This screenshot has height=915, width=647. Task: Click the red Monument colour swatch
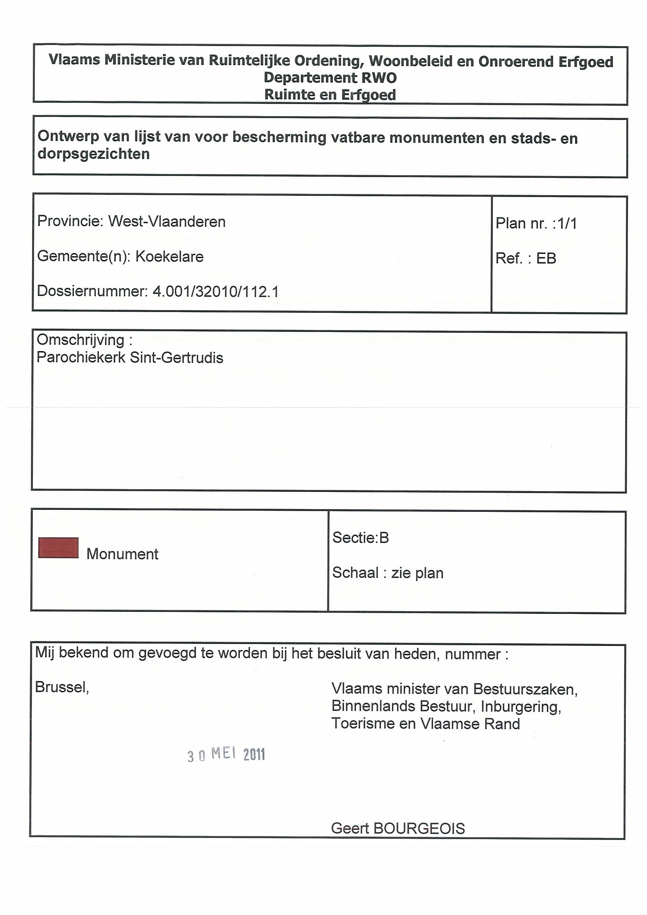(58, 547)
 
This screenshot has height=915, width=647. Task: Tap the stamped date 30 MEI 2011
(226, 754)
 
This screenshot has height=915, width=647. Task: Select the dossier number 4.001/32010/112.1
(216, 292)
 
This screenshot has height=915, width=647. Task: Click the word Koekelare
(169, 257)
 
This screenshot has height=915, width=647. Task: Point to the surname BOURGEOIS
(419, 829)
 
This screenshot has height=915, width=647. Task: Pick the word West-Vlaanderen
(167, 222)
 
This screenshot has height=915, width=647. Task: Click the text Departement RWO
(330, 77)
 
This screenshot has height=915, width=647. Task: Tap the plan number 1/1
(567, 224)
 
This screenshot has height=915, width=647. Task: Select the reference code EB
(546, 258)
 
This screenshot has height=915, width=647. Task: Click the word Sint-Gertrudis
(176, 358)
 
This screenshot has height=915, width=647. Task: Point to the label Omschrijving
(81, 340)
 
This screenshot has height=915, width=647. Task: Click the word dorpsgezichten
(93, 154)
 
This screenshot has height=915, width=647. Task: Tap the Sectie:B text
(360, 538)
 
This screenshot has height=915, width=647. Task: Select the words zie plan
(417, 573)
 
